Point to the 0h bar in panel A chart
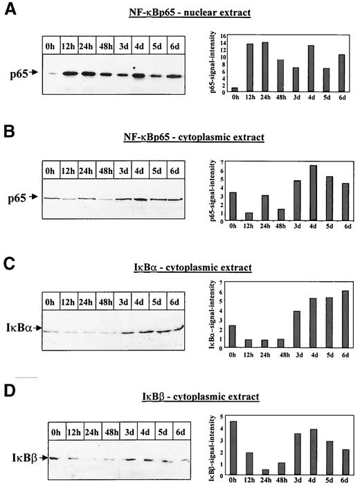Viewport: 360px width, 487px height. tap(235, 89)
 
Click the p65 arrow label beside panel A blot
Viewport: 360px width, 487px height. tap(26, 72)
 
